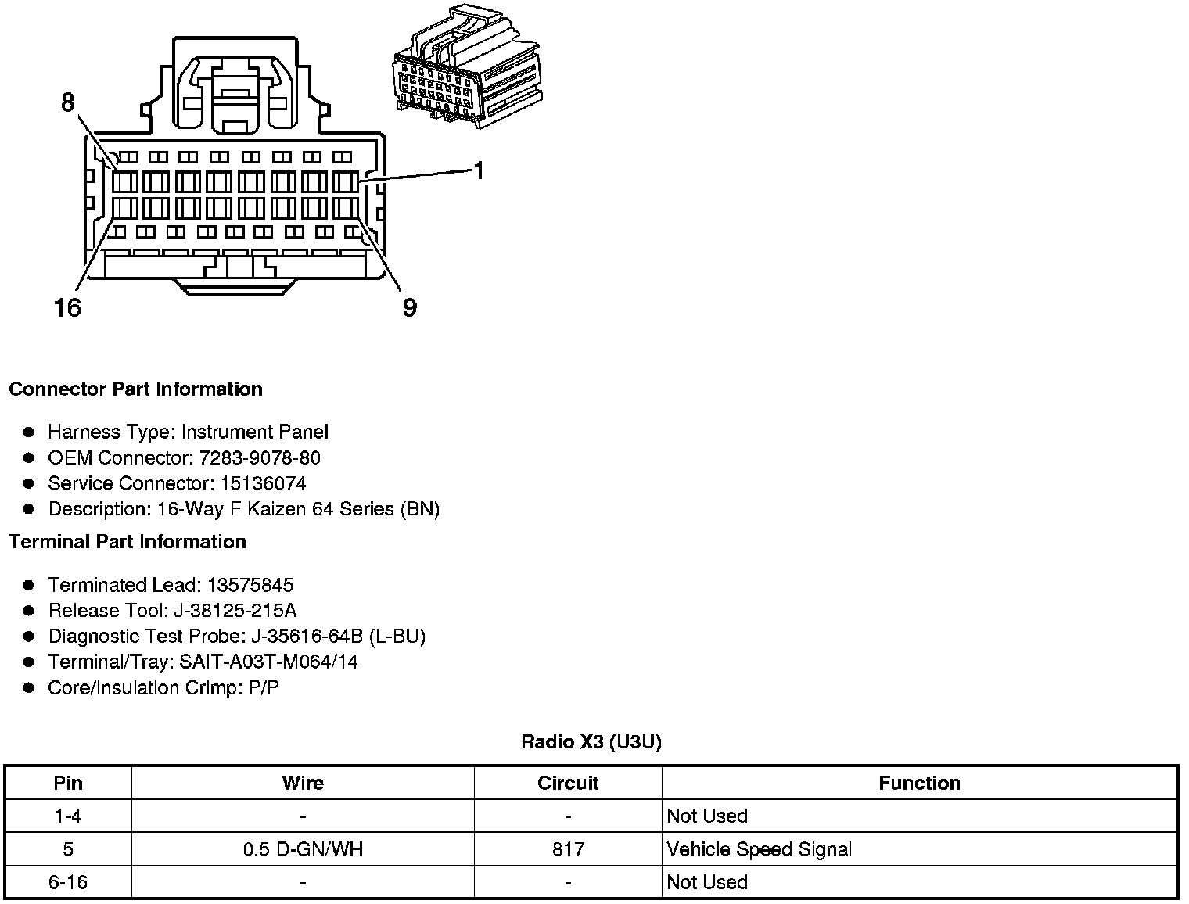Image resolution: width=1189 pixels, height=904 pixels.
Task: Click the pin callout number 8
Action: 67,102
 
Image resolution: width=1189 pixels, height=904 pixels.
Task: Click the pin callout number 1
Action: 479,170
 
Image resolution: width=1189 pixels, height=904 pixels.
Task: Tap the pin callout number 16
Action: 67,307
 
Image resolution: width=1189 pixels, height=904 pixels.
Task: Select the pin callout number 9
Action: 409,307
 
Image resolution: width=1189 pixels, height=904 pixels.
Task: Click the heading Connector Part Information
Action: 135,389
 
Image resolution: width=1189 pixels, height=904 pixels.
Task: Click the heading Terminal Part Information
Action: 128,542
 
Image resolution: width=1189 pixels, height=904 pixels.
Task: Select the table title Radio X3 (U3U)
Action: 591,741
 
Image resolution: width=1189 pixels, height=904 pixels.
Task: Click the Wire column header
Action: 303,783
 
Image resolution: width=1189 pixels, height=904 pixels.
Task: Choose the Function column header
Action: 919,783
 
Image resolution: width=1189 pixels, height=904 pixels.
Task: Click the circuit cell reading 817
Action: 568,849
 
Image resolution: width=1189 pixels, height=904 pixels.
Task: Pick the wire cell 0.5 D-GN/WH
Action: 303,849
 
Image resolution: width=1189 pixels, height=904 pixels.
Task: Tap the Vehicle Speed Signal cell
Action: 759,849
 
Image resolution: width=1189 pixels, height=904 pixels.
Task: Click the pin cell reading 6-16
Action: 68,882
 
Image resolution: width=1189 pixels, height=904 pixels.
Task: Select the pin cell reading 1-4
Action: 68,816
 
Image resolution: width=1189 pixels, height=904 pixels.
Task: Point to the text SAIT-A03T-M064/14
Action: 268,662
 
